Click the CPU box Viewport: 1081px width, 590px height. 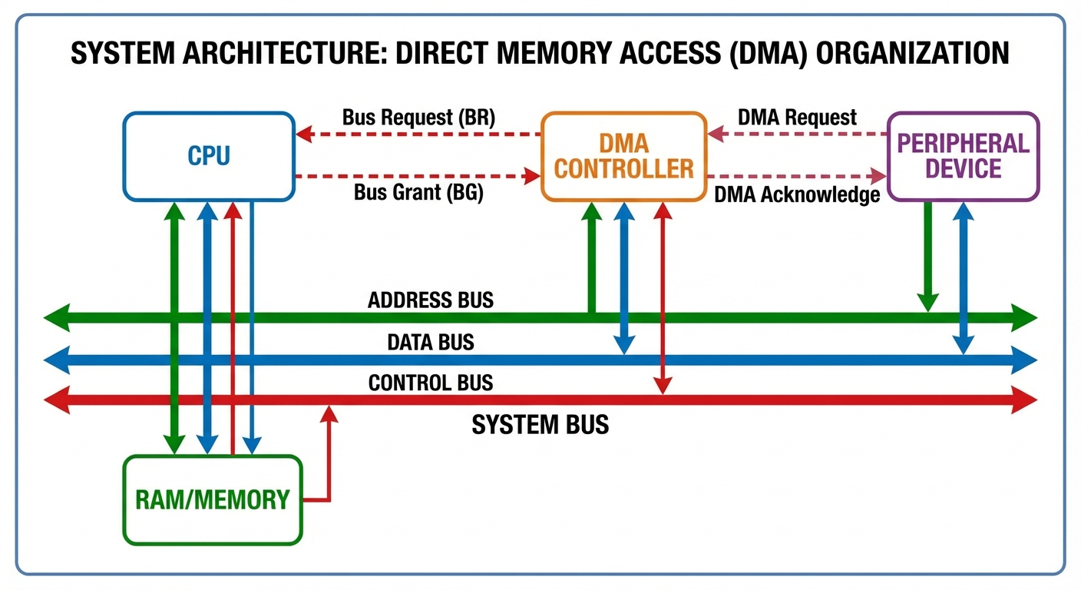(x=209, y=157)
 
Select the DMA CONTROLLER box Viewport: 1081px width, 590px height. (x=623, y=157)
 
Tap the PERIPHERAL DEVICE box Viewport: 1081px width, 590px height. (x=963, y=156)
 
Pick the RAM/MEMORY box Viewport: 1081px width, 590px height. (x=213, y=500)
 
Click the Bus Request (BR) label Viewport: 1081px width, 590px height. (x=418, y=118)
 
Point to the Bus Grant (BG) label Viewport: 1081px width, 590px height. (x=418, y=192)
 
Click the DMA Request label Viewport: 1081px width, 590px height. (x=796, y=118)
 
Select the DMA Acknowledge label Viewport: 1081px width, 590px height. (x=796, y=195)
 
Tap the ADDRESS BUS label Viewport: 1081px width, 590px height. (x=431, y=300)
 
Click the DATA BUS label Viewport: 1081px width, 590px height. (x=431, y=341)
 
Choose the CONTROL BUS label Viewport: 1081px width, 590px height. (x=431, y=382)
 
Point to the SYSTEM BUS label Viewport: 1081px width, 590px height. (x=540, y=424)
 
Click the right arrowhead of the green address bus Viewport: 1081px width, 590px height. (x=1025, y=317)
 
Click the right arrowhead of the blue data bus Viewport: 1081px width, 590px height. (x=1025, y=359)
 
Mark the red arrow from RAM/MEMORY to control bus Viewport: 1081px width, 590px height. (x=329, y=461)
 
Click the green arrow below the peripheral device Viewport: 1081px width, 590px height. (x=928, y=257)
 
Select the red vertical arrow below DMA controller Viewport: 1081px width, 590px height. (x=662, y=300)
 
